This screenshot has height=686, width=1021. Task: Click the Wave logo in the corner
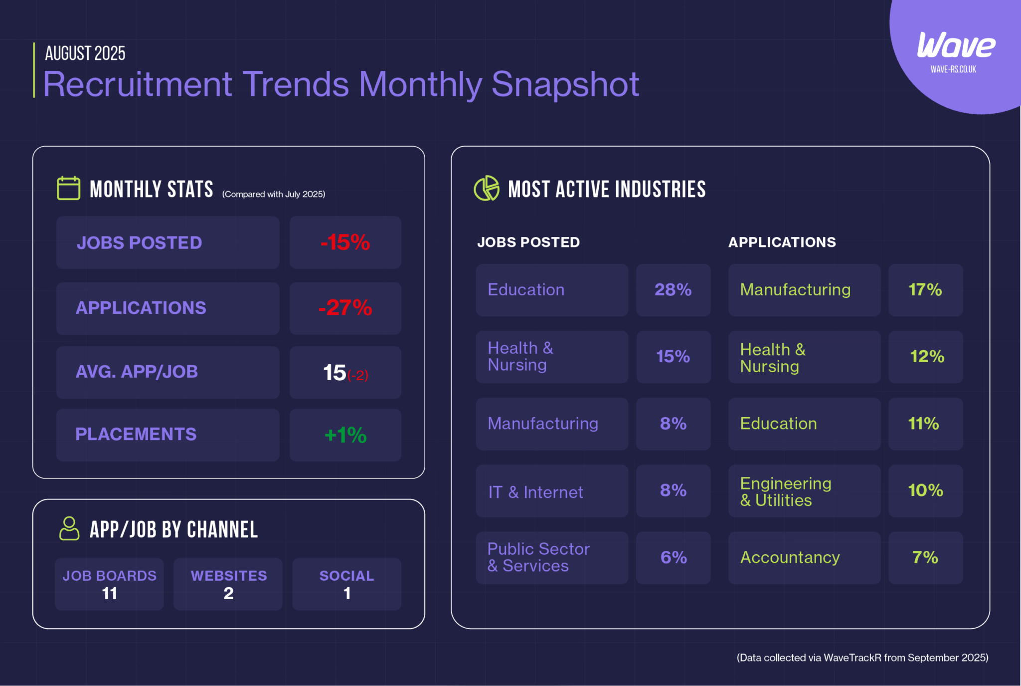click(956, 46)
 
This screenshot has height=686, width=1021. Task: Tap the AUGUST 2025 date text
click(85, 53)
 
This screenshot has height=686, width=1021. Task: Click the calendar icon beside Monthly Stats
click(68, 188)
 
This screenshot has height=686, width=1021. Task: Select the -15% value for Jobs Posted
click(345, 242)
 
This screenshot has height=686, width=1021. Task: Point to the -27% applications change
click(345, 308)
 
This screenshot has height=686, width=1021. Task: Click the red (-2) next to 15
click(358, 375)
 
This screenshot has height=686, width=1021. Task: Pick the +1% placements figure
click(345, 435)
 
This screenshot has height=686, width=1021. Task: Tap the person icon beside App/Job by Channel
click(69, 528)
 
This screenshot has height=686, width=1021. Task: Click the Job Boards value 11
click(109, 593)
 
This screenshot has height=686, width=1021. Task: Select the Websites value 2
click(228, 593)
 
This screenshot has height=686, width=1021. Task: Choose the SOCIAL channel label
click(346, 576)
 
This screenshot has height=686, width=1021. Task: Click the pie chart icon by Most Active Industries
click(486, 188)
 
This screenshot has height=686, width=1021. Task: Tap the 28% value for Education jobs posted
click(673, 290)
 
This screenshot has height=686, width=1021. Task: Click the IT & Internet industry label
click(535, 492)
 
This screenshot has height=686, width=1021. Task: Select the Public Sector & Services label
click(538, 557)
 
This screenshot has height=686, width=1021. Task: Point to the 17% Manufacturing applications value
click(925, 290)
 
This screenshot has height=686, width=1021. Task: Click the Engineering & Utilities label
click(785, 491)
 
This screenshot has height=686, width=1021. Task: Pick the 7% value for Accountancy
click(925, 557)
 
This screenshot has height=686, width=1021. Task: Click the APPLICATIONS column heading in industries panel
click(782, 242)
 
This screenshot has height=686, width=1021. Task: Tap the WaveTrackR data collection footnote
click(862, 658)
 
